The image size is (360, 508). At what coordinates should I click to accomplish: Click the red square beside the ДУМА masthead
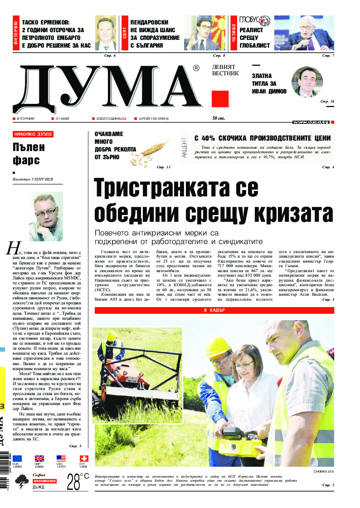pos(220,99)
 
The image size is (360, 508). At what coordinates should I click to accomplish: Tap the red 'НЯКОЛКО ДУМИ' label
pos(33,134)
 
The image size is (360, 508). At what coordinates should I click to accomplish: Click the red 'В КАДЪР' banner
pos(214,310)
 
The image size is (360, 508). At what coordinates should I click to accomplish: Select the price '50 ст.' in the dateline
pos(219,118)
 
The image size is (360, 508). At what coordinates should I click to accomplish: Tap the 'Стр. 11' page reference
pos(163,167)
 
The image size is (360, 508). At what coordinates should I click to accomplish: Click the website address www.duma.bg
pos(311,122)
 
